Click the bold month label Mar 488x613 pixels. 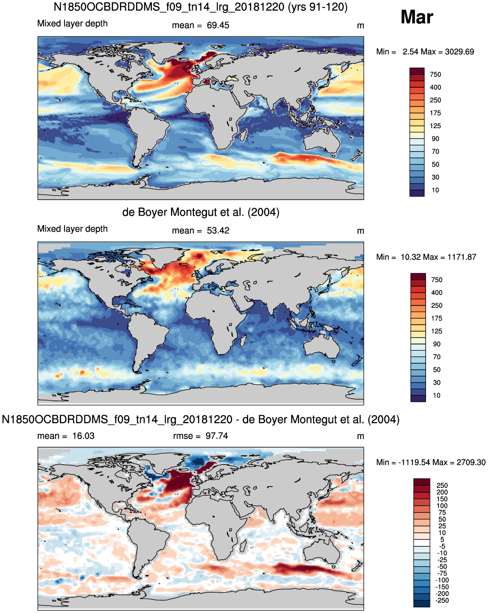click(417, 17)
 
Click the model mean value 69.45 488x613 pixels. click(218, 26)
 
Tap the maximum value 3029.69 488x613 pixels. click(459, 52)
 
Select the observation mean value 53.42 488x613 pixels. click(218, 230)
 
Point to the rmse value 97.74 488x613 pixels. click(217, 436)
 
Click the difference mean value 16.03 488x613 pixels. click(83, 436)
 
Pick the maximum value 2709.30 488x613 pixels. click(471, 462)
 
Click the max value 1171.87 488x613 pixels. click(462, 257)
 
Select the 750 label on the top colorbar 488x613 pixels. click(435, 74)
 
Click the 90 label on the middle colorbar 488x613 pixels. click(437, 344)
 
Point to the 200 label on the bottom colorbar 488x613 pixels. click(442, 492)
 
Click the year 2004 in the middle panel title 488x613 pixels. click(264, 212)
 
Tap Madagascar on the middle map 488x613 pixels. click(243, 340)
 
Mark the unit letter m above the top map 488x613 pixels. click(360, 26)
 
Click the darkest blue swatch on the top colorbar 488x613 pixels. click(417, 193)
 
